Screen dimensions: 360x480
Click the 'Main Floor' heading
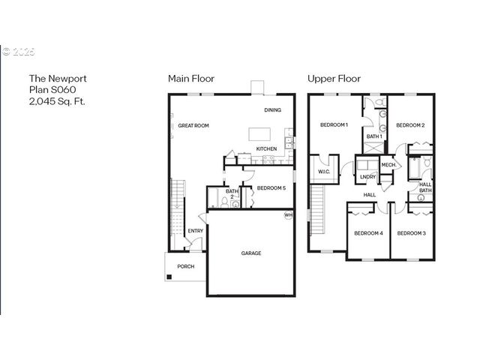pyautogui.click(x=190, y=79)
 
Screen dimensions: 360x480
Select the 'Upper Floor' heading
pyautogui.click(x=334, y=79)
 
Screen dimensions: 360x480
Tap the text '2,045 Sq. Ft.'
pyautogui.click(x=57, y=101)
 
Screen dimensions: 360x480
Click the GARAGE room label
pyautogui.click(x=251, y=253)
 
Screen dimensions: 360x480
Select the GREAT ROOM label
pyautogui.click(x=193, y=126)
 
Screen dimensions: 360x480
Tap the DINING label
pyautogui.click(x=273, y=111)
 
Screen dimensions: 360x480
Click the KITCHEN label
pyautogui.click(x=266, y=149)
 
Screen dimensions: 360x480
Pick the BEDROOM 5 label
pyautogui.click(x=271, y=188)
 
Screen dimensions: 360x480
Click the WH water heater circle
pyautogui.click(x=287, y=215)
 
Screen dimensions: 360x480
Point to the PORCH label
pyautogui.click(x=185, y=267)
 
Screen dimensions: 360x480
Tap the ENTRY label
pyautogui.click(x=195, y=231)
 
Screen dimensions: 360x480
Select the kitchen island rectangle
pyautogui.click(x=260, y=133)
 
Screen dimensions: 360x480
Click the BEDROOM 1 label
pyautogui.click(x=334, y=124)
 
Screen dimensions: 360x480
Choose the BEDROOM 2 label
pyautogui.click(x=411, y=124)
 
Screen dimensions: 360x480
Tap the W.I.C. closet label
pyautogui.click(x=324, y=172)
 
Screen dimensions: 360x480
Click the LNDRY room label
pyautogui.click(x=367, y=177)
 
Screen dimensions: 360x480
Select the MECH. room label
pyautogui.click(x=388, y=165)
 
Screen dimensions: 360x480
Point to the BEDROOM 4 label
pyautogui.click(x=368, y=233)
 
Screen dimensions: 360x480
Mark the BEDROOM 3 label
pyautogui.click(x=411, y=233)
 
